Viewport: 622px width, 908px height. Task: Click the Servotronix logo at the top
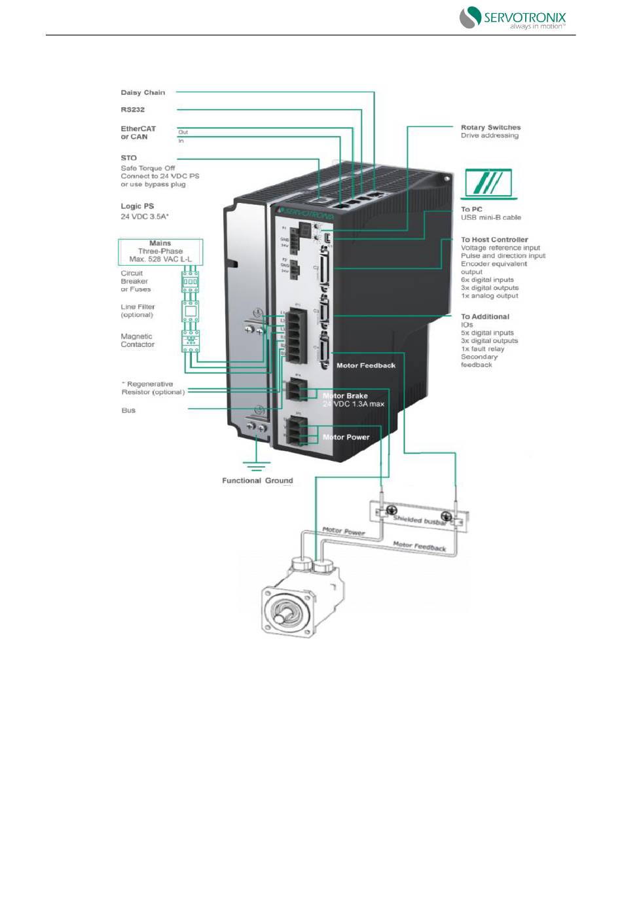[x=512, y=18]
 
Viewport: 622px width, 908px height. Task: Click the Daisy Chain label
[x=143, y=93]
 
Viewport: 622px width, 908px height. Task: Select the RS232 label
[x=132, y=110]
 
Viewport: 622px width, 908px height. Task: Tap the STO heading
[x=129, y=158]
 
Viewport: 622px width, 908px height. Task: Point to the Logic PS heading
[x=137, y=206]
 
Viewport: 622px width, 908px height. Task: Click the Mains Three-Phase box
[x=160, y=251]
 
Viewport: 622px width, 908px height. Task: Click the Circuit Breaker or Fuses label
[x=136, y=281]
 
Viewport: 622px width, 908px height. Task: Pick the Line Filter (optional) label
[x=137, y=311]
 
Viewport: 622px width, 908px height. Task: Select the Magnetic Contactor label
[x=137, y=340]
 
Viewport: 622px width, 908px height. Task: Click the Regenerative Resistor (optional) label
[x=153, y=388]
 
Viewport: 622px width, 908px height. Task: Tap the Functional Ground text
[x=257, y=481]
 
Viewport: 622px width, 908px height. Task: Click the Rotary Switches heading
[x=490, y=128]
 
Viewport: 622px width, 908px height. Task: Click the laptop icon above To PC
[x=488, y=184]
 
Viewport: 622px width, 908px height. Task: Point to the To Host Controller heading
[x=494, y=240]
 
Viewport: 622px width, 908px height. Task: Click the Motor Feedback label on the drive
[x=366, y=365]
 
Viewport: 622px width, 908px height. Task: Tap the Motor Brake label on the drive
[x=346, y=396]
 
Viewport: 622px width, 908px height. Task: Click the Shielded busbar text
[x=420, y=520]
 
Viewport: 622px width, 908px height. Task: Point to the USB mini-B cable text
[x=491, y=218]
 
